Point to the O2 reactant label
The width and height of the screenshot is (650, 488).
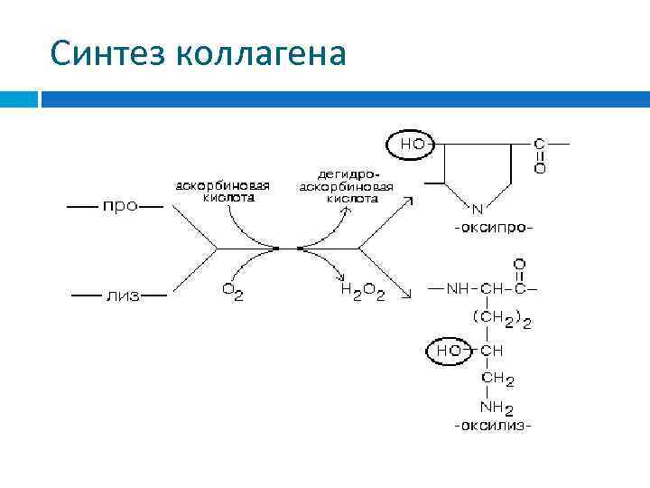[x=232, y=292]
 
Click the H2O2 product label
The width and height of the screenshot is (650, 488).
[x=361, y=292]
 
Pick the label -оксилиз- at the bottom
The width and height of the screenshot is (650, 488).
[x=493, y=424]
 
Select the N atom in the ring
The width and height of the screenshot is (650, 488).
[x=478, y=209]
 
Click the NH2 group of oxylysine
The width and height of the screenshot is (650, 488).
[x=497, y=407]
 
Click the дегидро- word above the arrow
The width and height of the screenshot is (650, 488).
[x=348, y=173]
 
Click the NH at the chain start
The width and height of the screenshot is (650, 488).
[x=458, y=289]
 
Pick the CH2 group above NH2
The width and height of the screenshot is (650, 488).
[x=497, y=378]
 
